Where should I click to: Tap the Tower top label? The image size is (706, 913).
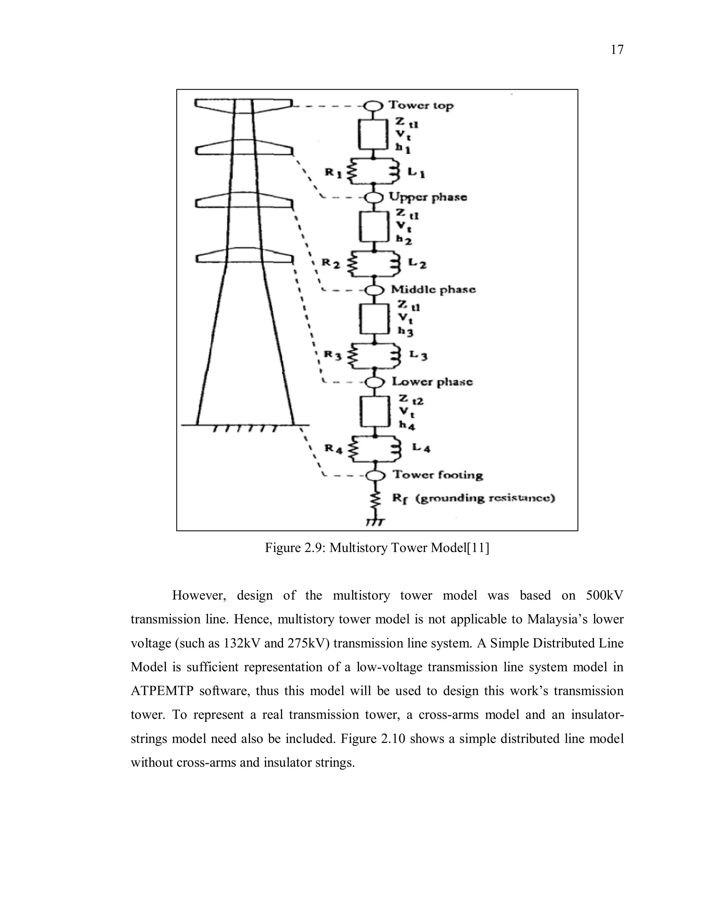click(421, 105)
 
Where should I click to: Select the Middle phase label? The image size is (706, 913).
click(433, 289)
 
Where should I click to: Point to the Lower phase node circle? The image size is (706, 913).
click(374, 382)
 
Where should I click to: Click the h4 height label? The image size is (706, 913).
click(406, 425)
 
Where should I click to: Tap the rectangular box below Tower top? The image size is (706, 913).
click(373, 135)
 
